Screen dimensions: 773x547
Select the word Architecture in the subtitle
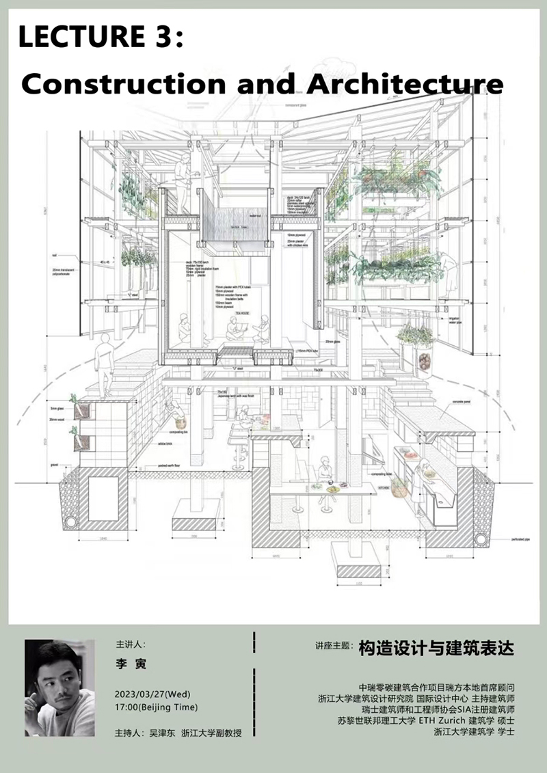pyautogui.click(x=405, y=83)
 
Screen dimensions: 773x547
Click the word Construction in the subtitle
pyautogui.click(x=123, y=83)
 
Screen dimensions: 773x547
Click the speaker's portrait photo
pyautogui.click(x=59, y=688)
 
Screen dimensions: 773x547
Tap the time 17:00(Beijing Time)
pyautogui.click(x=157, y=707)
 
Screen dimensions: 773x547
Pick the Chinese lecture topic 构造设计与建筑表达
pyautogui.click(x=436, y=647)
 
